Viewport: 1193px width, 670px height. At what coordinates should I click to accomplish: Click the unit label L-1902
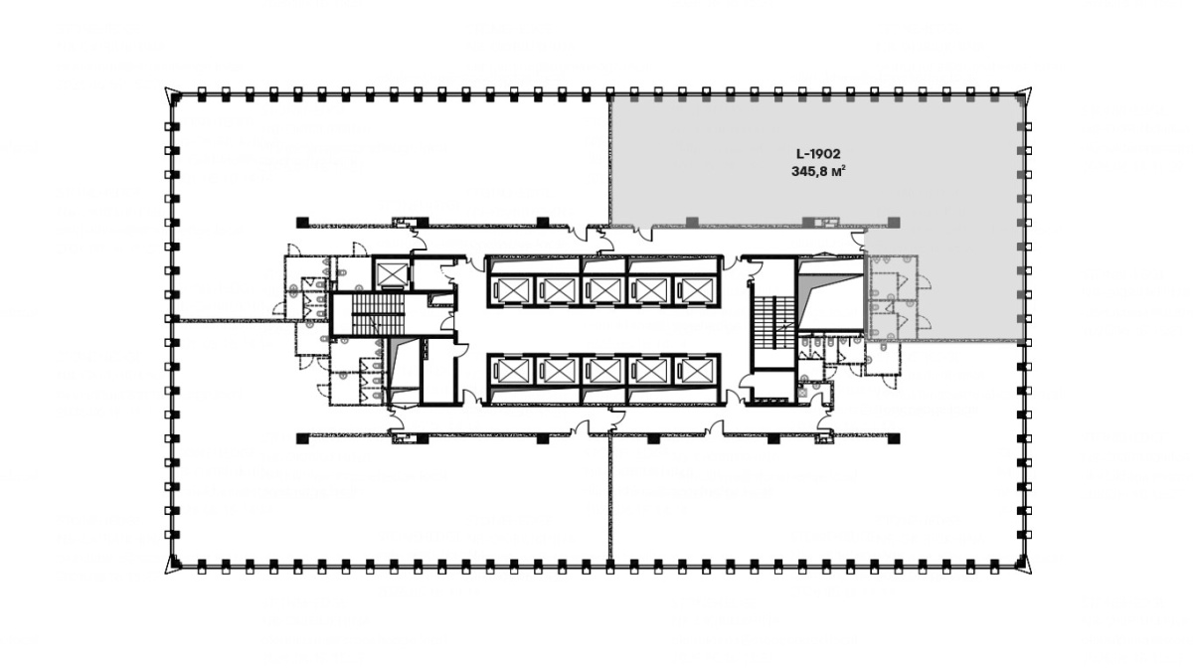coord(818,154)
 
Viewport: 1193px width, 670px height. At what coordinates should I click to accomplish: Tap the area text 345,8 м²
coord(818,172)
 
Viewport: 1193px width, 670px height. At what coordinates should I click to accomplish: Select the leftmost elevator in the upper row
coord(512,289)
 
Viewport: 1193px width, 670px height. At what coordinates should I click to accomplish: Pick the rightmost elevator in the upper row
coord(693,289)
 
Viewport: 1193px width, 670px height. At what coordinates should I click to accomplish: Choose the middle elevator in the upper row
coord(602,289)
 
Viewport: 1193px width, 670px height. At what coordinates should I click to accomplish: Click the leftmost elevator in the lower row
coord(512,370)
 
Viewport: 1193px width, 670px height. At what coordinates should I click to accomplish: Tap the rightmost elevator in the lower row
coord(693,370)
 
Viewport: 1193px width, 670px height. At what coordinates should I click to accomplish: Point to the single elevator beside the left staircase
coord(391,273)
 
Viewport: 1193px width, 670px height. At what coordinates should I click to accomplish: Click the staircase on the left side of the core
coord(372,315)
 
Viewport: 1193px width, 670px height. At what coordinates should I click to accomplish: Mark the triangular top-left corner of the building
coord(173,95)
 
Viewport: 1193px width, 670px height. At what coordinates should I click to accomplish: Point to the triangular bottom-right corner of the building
coord(1024,565)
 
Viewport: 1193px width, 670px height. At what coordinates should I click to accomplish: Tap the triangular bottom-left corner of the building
coord(173,565)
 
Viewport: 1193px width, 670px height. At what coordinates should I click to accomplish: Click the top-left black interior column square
coord(302,222)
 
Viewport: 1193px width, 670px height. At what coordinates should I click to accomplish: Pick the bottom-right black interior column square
coord(894,438)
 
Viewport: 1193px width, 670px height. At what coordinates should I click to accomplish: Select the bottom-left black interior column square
coord(302,438)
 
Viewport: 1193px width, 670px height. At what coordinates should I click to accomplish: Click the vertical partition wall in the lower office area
coord(609,497)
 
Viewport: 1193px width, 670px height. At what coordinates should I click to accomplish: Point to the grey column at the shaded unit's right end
coord(894,222)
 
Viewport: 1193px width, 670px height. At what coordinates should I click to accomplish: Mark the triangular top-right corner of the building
coord(1024,95)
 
